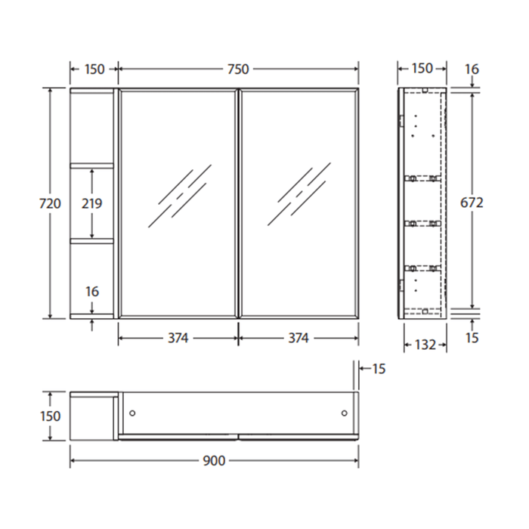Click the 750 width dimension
pyautogui.click(x=238, y=69)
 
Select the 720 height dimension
pyautogui.click(x=50, y=203)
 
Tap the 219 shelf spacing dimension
pyautogui.click(x=92, y=203)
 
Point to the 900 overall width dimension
pyautogui.click(x=214, y=460)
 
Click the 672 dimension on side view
pyautogui.click(x=472, y=203)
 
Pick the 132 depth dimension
pyautogui.click(x=425, y=345)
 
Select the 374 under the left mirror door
pyautogui.click(x=178, y=338)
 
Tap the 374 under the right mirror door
pyautogui.click(x=299, y=338)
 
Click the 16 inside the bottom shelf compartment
pyautogui.click(x=92, y=291)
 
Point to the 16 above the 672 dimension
pyautogui.click(x=472, y=69)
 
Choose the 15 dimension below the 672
pyautogui.click(x=472, y=338)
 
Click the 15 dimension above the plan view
pyautogui.click(x=379, y=369)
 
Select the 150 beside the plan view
pyautogui.click(x=50, y=416)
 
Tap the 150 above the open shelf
pyautogui.click(x=94, y=69)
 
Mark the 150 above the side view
pyautogui.click(x=422, y=69)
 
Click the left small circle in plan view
pyautogui.click(x=132, y=413)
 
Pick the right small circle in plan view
pyautogui.click(x=345, y=413)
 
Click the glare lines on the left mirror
pyautogui.click(x=179, y=194)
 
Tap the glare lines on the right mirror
pyautogui.click(x=298, y=194)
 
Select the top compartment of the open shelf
pyautogui.click(x=91, y=126)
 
